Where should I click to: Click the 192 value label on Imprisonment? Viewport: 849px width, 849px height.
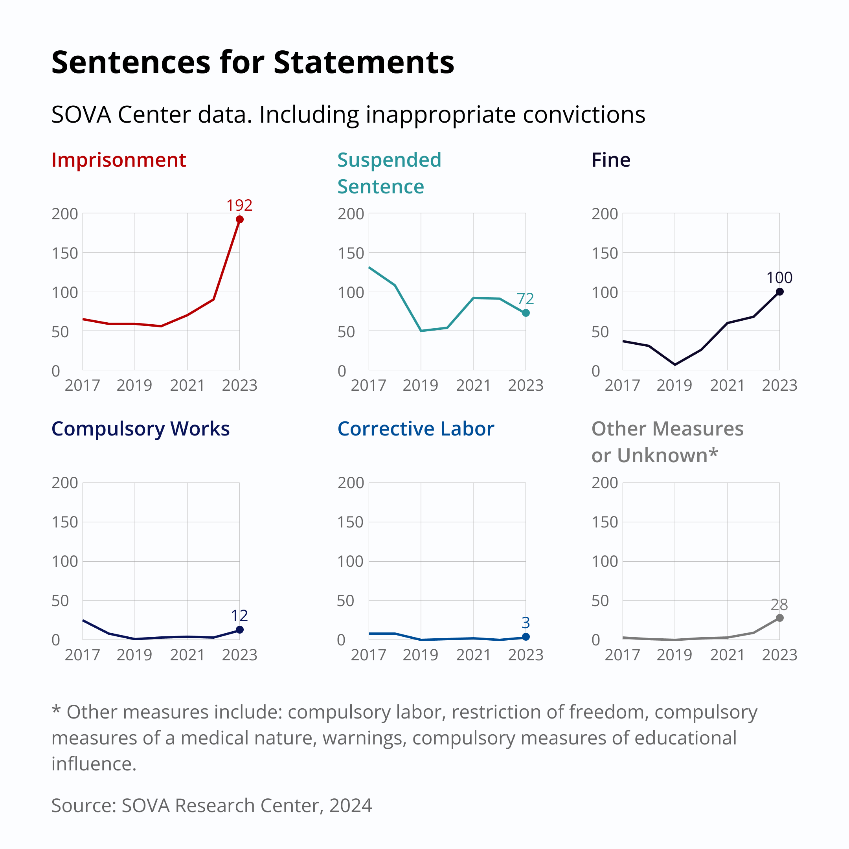(x=239, y=205)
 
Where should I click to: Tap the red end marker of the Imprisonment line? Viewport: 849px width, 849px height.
(x=239, y=219)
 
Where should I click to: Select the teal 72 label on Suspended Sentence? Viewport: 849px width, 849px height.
(x=525, y=299)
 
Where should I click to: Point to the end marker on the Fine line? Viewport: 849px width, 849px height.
(x=779, y=292)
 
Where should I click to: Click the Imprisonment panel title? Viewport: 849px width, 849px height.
(x=119, y=160)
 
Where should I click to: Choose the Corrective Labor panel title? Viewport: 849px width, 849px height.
(x=416, y=429)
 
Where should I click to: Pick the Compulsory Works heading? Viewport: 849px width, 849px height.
(x=141, y=429)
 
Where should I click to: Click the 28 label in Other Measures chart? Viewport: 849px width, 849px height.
(x=779, y=605)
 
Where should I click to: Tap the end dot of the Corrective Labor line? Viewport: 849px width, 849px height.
(x=526, y=637)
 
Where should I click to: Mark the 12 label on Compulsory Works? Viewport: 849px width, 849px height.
(x=239, y=616)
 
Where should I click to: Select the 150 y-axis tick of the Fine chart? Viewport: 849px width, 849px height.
(x=605, y=253)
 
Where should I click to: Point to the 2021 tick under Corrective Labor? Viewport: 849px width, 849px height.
(x=473, y=655)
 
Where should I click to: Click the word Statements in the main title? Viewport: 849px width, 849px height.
(x=364, y=62)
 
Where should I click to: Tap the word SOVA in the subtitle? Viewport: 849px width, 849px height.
(x=81, y=115)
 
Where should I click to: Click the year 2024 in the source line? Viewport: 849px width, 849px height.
(x=350, y=805)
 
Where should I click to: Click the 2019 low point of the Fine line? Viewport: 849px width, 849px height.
(x=675, y=365)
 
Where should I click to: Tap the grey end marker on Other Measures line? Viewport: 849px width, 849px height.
(x=779, y=618)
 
